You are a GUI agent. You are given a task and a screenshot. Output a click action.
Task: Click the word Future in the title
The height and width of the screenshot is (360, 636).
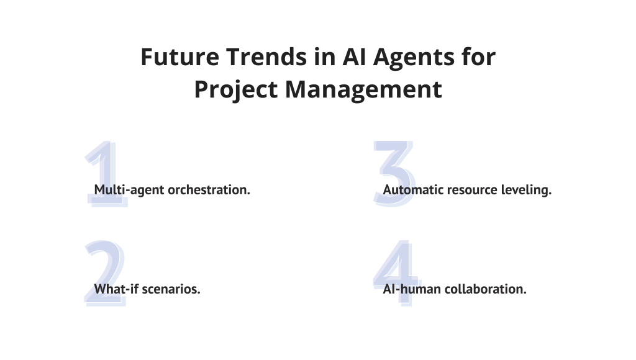point(179,56)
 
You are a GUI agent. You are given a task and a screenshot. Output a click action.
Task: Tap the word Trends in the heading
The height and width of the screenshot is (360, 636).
point(266,56)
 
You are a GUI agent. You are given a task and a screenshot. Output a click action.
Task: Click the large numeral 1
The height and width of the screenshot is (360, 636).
point(106,174)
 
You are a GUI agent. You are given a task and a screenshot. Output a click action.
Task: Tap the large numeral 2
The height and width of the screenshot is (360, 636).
point(105,273)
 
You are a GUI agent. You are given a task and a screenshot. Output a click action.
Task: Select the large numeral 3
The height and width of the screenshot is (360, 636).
point(394,174)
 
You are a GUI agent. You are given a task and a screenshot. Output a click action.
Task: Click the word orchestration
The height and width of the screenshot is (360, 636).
point(209,190)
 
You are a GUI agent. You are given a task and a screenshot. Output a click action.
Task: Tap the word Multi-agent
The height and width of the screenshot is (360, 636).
point(129,191)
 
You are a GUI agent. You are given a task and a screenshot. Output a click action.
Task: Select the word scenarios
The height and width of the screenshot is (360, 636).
point(171,289)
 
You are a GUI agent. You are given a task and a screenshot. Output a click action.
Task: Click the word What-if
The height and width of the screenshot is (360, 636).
point(116,289)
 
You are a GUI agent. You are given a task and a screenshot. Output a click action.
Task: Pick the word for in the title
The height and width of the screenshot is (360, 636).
point(479,56)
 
